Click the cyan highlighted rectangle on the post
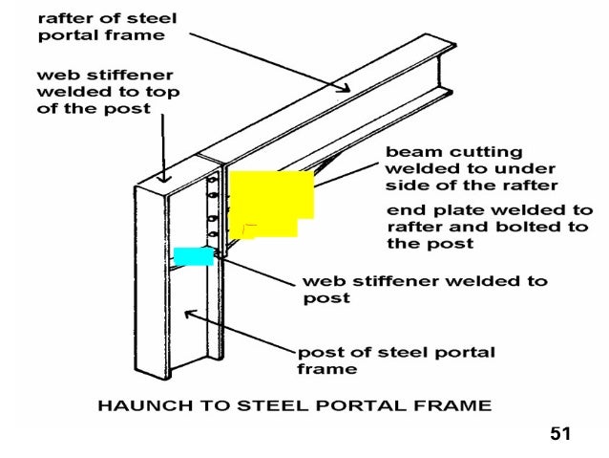[x=193, y=256]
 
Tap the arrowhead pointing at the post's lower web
[x=188, y=312]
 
